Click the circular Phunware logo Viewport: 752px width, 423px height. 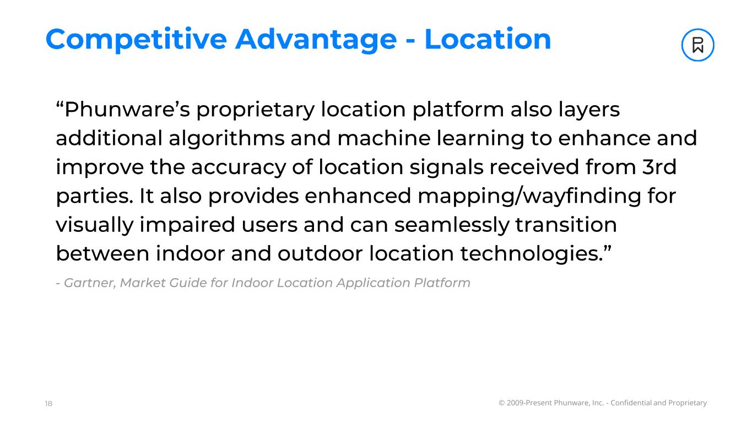(x=697, y=45)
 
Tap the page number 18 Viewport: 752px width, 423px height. (x=48, y=404)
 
